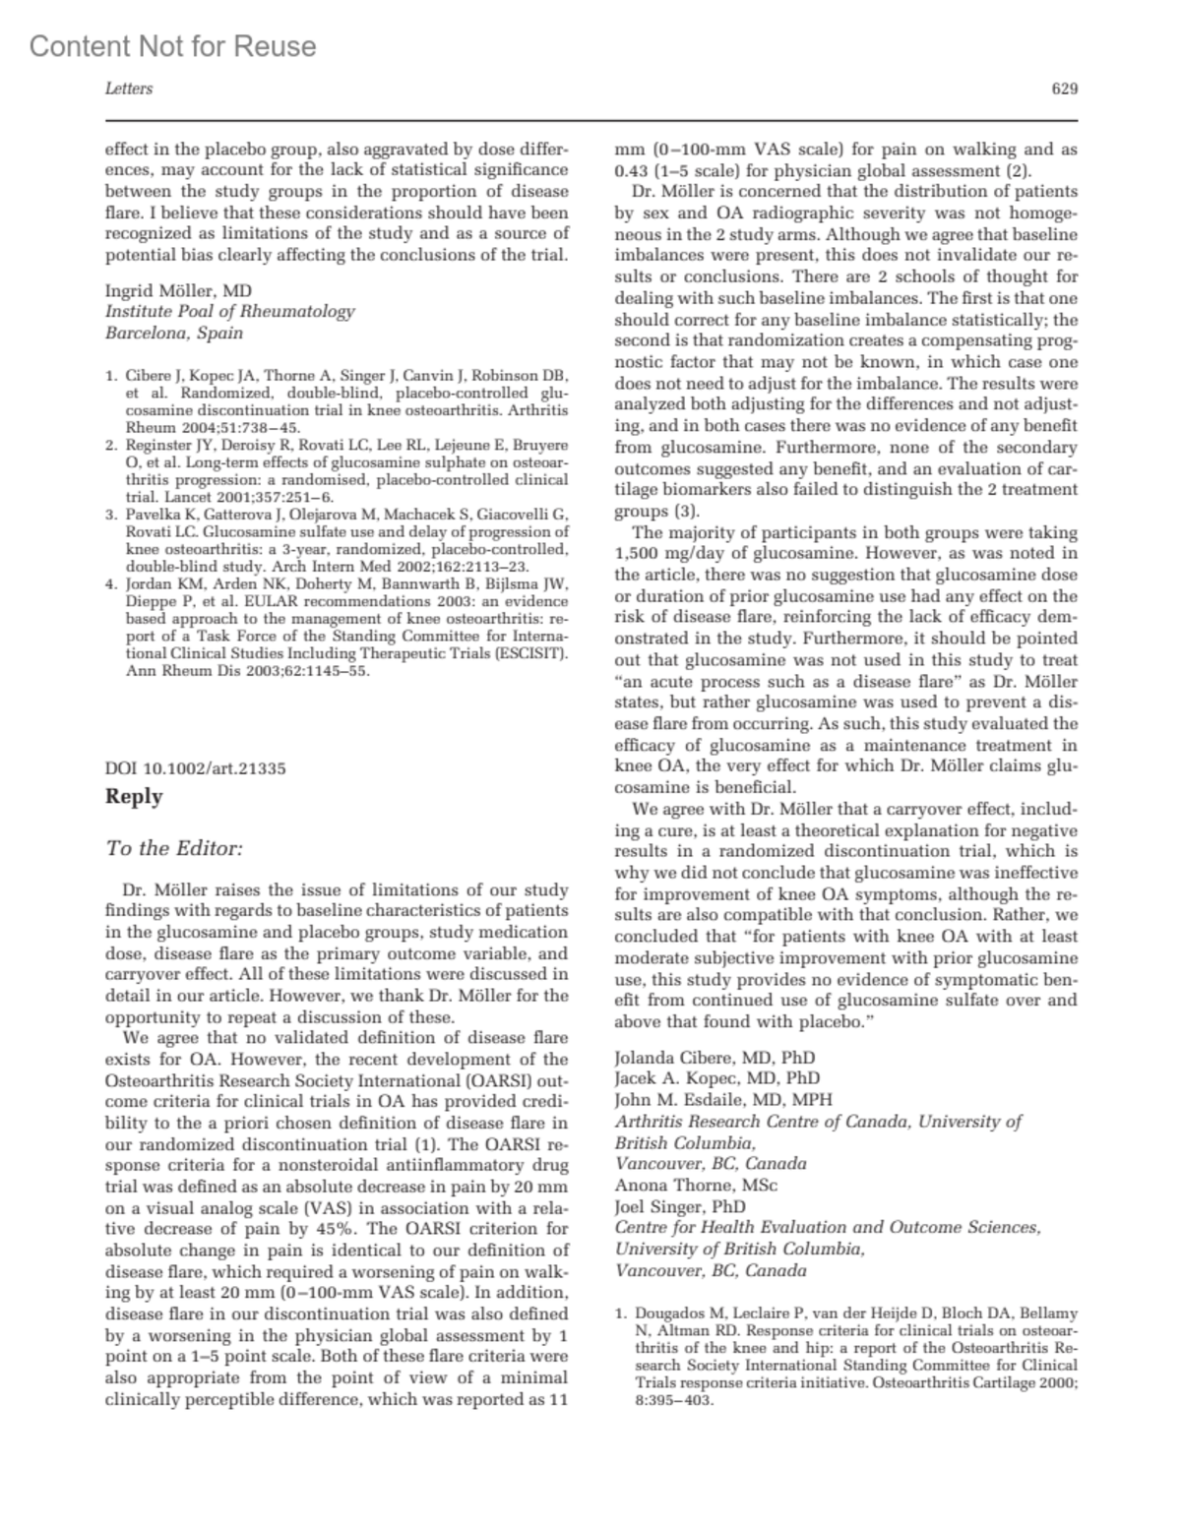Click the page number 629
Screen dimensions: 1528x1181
[1065, 89]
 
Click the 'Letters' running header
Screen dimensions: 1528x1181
[129, 89]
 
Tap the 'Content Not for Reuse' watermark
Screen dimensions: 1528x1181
[173, 46]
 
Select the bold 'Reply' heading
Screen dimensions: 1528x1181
[134, 796]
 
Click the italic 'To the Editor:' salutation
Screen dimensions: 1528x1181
[174, 848]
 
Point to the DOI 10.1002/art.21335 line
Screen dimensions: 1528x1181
[196, 768]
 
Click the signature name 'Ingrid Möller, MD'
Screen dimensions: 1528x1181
[178, 290]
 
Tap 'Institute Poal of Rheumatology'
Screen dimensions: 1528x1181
[229, 311]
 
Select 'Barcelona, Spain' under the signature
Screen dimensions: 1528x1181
[174, 333]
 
